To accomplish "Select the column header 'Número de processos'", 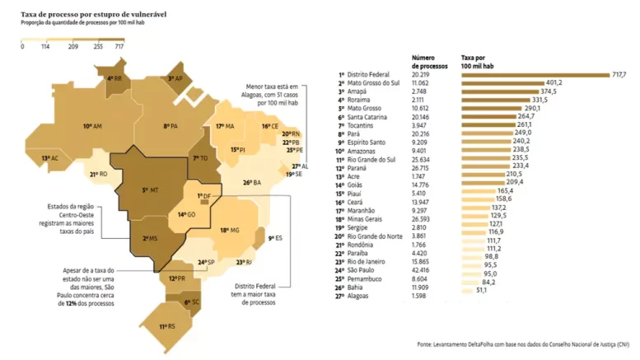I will tap(428, 60).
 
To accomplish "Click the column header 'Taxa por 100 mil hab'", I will tap(478, 60).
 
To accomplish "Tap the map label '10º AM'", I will tap(91, 127).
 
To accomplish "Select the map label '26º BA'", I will tap(251, 182).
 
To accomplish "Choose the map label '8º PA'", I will tap(171, 126).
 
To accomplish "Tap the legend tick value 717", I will tap(119, 47).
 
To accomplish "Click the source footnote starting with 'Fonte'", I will tap(523, 344).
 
